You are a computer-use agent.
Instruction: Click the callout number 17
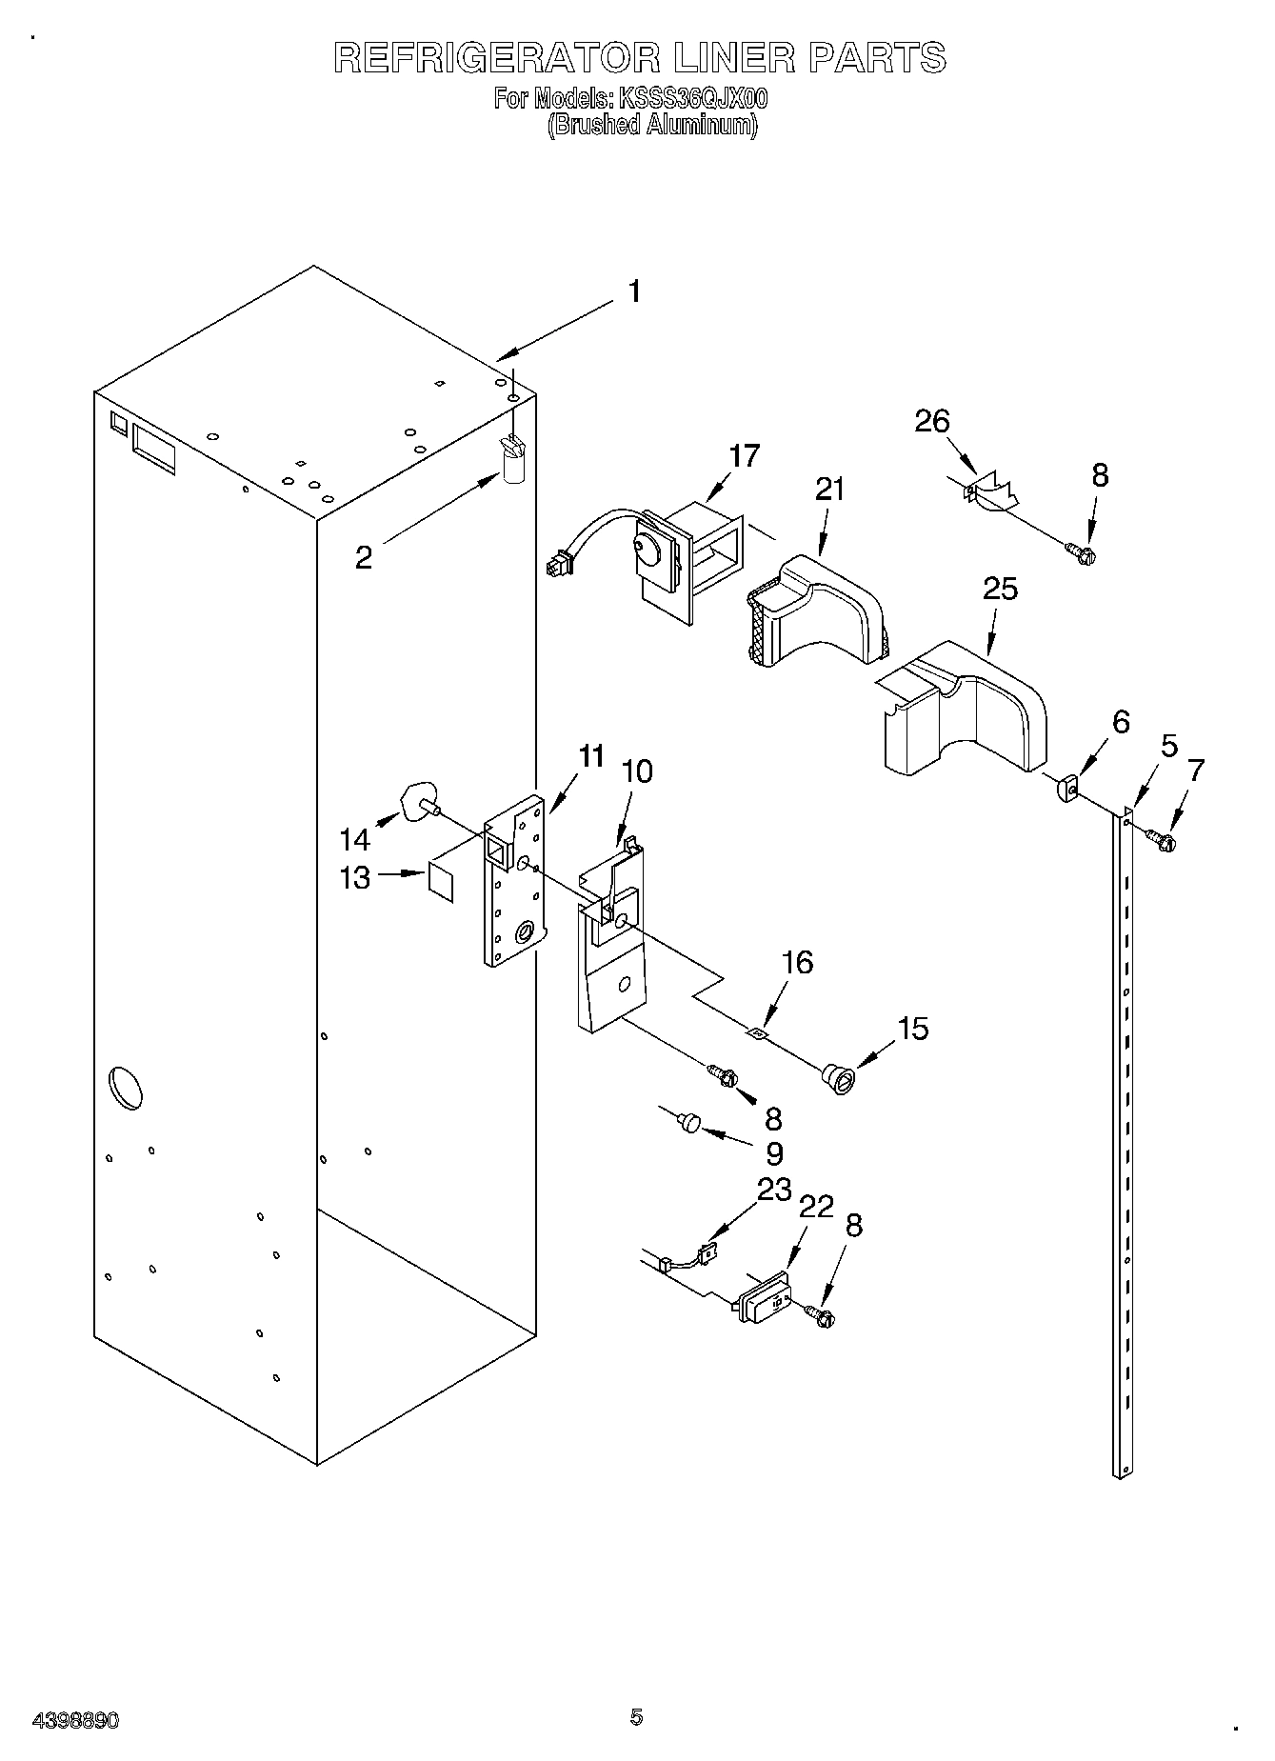tap(745, 456)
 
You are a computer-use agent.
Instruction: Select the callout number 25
tap(1000, 589)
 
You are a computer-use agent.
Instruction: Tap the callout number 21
tap(829, 489)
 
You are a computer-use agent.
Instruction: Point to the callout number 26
tap(932, 420)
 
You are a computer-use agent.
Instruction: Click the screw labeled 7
tap(1161, 839)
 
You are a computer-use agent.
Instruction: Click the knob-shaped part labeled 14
tap(418, 797)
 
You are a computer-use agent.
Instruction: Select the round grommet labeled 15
tap(839, 1079)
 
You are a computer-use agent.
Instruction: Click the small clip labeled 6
tap(1066, 788)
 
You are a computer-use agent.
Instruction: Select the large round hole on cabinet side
tap(126, 1088)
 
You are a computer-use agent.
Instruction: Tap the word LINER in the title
tap(733, 58)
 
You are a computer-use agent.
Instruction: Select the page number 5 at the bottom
tap(636, 1717)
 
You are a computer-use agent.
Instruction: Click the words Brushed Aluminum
tap(652, 125)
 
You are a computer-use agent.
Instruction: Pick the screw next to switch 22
tap(821, 1315)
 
